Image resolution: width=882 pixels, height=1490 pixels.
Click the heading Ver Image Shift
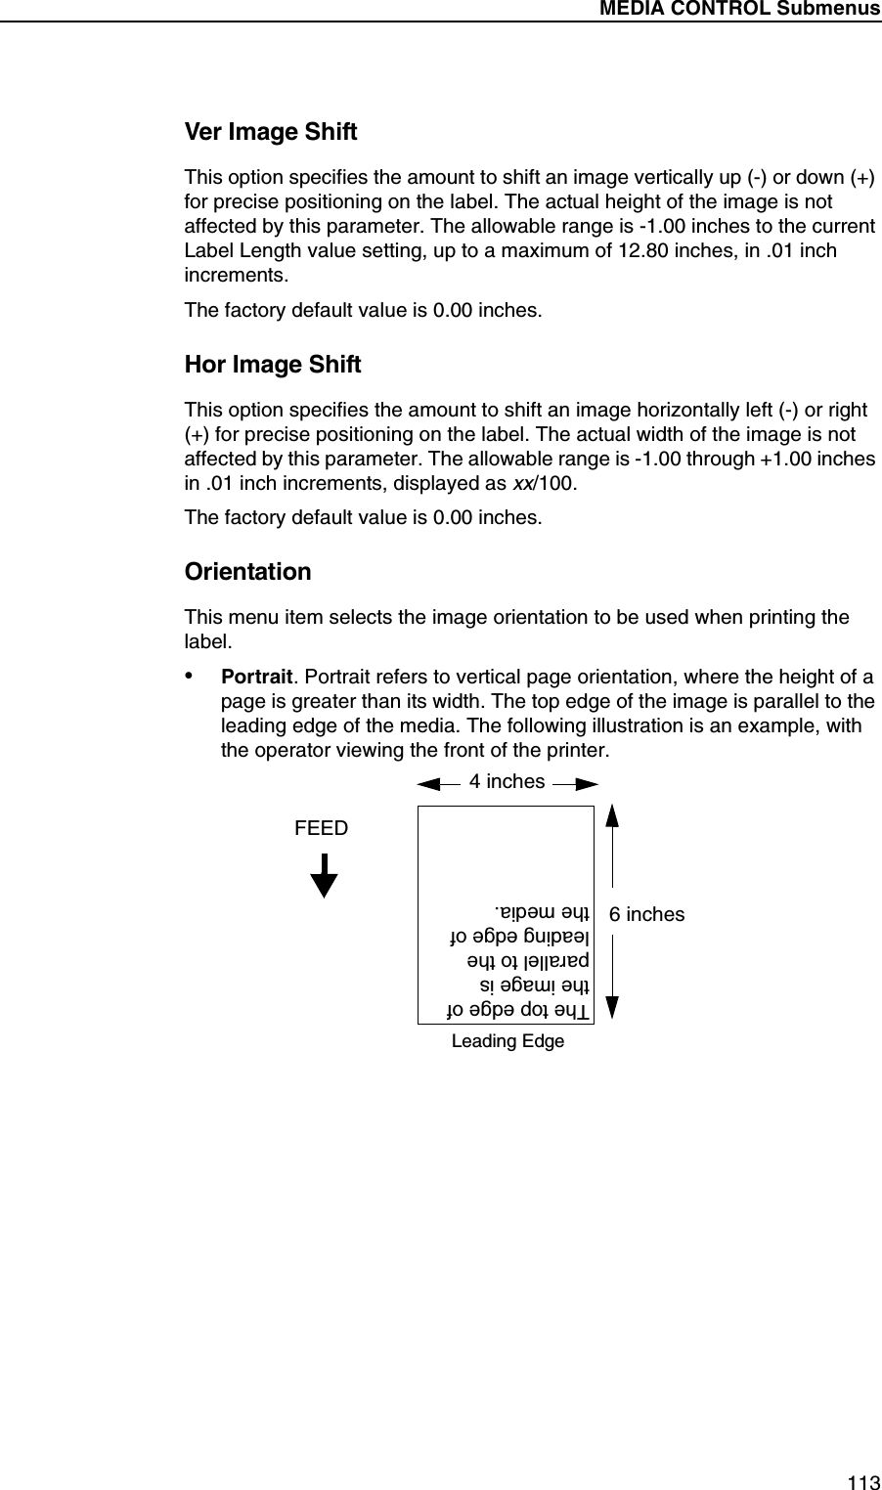271,132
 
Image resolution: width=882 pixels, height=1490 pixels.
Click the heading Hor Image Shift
273,365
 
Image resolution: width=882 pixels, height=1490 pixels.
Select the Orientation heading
248,572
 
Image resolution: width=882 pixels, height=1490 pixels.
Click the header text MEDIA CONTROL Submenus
739,10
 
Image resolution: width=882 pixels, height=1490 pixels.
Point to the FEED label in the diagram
321,829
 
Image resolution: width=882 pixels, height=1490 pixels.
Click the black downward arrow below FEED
325,875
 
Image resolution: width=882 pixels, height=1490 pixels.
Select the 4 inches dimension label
507,781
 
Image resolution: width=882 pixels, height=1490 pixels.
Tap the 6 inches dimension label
646,915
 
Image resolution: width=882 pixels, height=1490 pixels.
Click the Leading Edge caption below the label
507,1041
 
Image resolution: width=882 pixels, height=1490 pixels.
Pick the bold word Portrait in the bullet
257,678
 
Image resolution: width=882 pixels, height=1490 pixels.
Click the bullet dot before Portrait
192,678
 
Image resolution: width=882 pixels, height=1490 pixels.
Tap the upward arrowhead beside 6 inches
613,816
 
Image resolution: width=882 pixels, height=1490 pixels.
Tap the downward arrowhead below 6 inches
613,1009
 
